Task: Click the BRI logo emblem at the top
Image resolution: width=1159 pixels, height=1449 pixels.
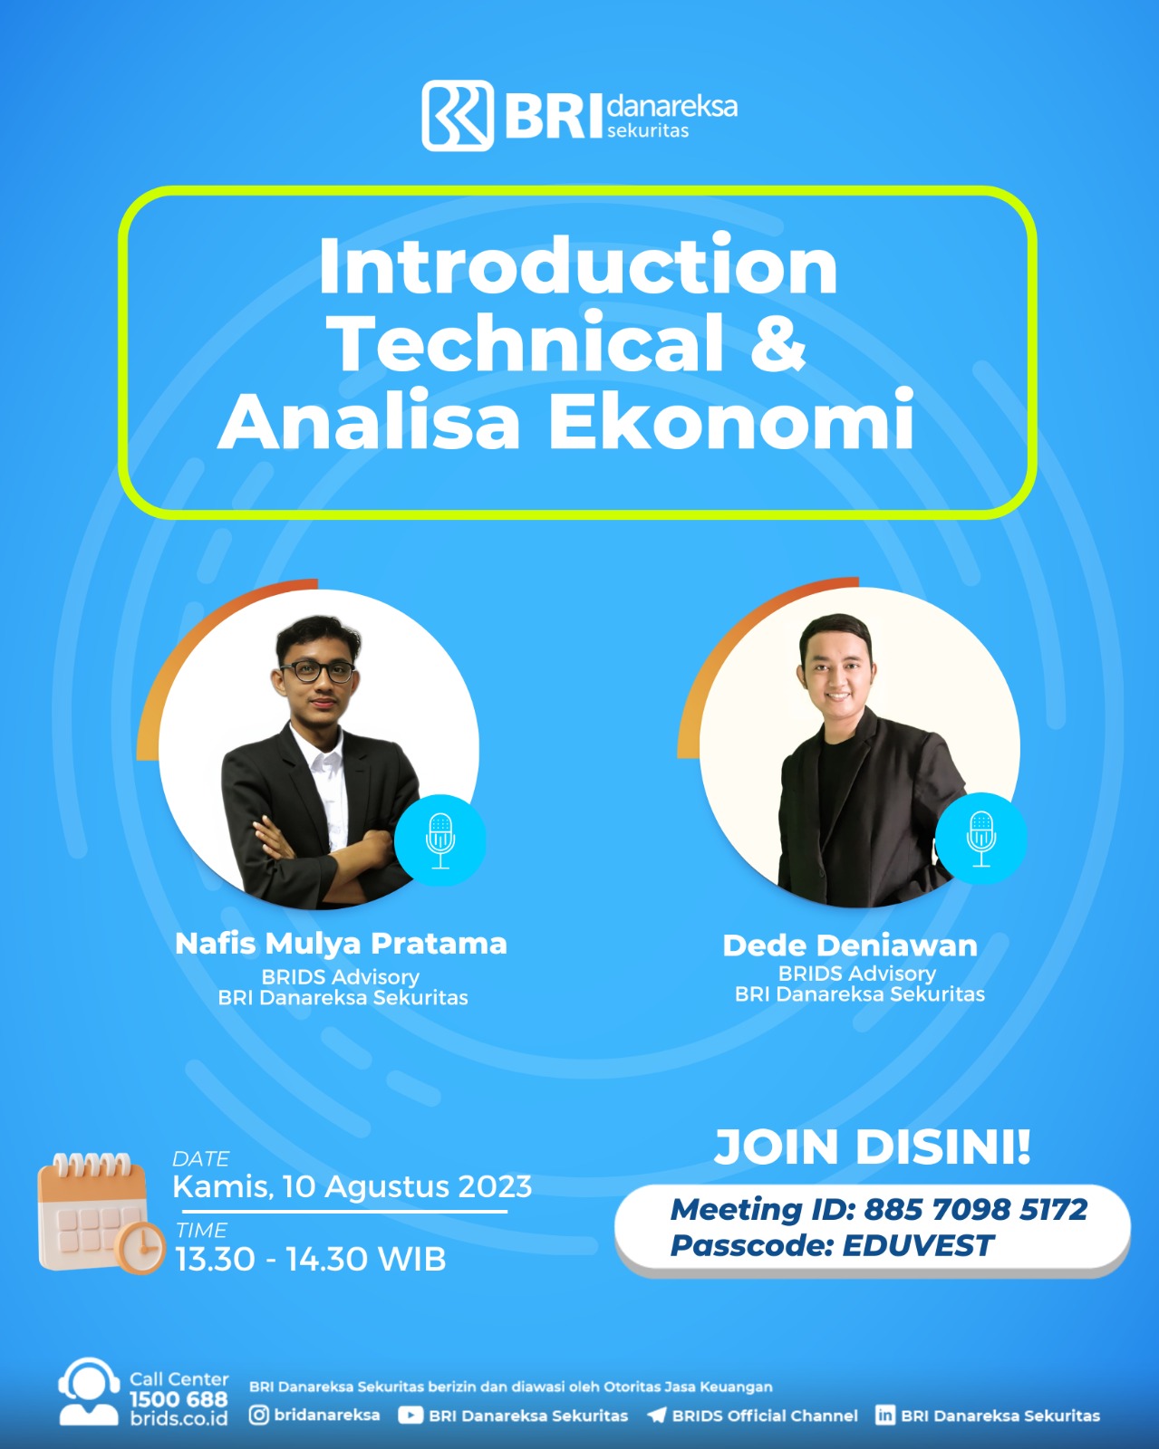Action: [458, 115]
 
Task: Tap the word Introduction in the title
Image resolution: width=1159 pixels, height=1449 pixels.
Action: [577, 266]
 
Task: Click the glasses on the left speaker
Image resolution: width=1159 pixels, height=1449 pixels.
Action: [317, 672]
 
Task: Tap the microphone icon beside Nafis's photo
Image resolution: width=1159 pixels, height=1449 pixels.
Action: [440, 840]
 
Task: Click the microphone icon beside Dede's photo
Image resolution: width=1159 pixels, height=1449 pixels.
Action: [981, 839]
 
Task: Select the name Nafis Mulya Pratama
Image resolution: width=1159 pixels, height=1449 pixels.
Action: [341, 944]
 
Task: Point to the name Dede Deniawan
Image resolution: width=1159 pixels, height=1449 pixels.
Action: [850, 945]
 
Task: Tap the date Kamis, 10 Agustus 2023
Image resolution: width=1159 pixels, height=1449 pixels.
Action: [353, 1186]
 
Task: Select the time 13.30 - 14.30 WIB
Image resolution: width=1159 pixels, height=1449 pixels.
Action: [311, 1260]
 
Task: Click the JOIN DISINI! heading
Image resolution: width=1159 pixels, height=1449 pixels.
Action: [873, 1147]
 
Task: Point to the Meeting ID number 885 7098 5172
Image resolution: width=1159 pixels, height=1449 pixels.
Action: [975, 1209]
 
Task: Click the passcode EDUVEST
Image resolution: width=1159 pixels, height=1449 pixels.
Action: [918, 1246]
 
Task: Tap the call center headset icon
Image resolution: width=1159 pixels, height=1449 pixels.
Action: [89, 1393]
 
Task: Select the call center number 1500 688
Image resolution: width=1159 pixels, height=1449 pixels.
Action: [179, 1399]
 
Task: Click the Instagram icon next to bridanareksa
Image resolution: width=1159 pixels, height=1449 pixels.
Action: [259, 1415]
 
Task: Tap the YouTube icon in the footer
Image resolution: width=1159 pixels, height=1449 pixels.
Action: [410, 1415]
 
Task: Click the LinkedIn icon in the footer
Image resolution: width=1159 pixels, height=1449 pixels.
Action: [884, 1415]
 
